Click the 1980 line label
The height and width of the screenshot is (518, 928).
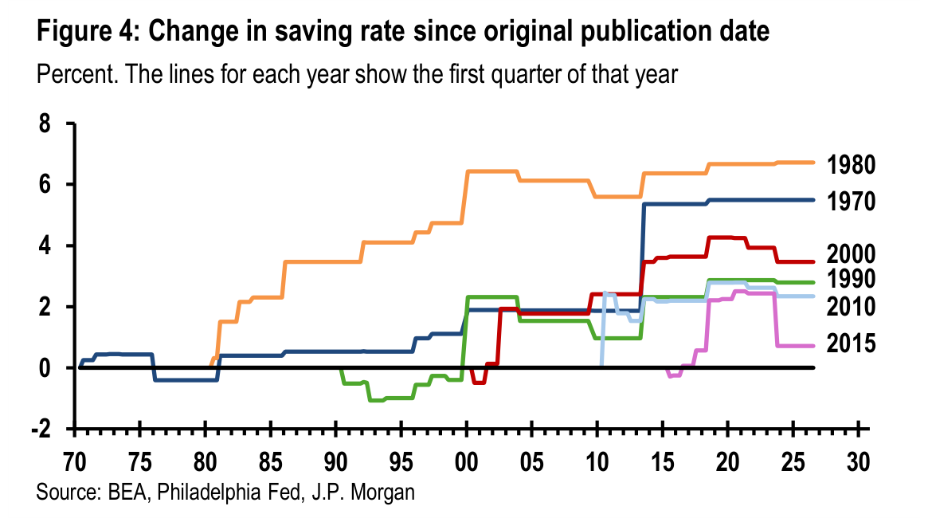(851, 165)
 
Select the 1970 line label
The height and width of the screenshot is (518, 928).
(851, 202)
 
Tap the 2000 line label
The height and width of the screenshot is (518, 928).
(851, 254)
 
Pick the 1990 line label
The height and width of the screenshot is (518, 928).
(851, 279)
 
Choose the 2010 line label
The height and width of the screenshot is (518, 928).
(851, 307)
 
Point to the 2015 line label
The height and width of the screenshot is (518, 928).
(851, 343)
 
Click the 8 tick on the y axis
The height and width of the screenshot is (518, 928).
(45, 124)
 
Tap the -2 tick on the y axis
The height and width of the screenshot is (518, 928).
(41, 429)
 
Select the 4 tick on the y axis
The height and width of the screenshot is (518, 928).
(45, 246)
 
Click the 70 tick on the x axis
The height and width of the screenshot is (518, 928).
(75, 462)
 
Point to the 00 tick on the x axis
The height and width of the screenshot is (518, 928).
(467, 462)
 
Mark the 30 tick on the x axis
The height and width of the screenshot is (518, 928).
(858, 462)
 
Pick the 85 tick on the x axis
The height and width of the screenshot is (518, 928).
(271, 462)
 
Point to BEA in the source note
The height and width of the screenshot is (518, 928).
(129, 492)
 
